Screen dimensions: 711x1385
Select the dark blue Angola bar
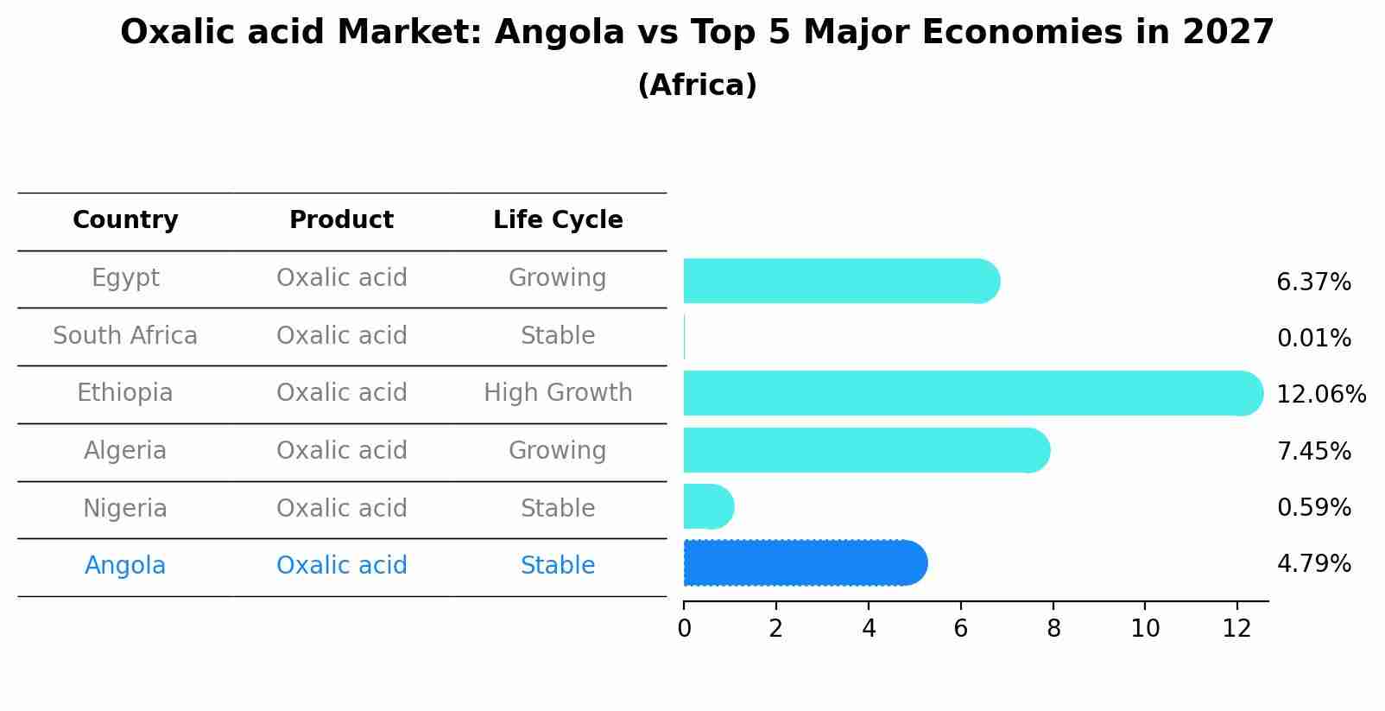(804, 563)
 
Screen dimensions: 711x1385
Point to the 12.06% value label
(1320, 395)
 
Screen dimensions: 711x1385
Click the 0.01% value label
(1313, 339)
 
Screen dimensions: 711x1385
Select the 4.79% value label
(1313, 564)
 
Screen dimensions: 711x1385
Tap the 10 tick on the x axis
(1145, 629)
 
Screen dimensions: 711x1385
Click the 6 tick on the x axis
(960, 629)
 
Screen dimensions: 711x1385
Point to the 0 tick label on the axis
(684, 629)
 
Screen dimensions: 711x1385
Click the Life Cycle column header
(558, 220)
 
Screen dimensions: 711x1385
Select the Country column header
(125, 220)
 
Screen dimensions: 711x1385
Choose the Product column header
(341, 220)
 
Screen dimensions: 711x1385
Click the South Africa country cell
(125, 335)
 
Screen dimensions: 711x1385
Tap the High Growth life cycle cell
(558, 393)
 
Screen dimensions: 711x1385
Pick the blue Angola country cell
(125, 566)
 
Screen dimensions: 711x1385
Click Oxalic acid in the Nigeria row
(341, 508)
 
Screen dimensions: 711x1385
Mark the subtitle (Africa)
(697, 86)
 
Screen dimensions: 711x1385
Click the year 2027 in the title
(1228, 33)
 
